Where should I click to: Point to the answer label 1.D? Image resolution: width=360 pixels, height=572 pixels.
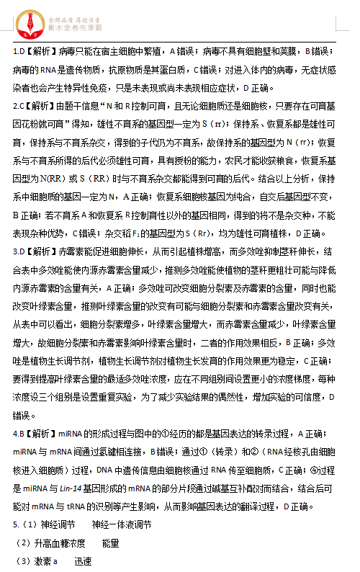click(19, 52)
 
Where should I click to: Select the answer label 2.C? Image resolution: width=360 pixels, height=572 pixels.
click(19, 106)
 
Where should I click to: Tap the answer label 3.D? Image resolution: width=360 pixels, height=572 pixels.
click(19, 252)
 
